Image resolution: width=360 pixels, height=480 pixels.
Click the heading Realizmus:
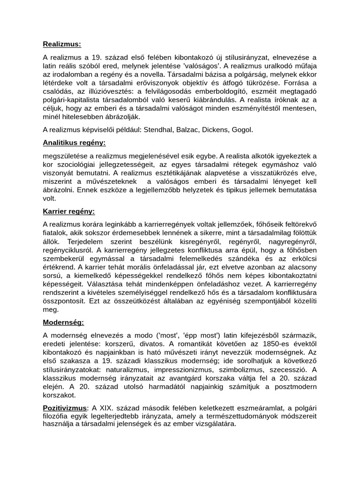62,44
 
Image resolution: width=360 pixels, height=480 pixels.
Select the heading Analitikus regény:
74,142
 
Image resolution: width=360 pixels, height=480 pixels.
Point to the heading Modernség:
63,322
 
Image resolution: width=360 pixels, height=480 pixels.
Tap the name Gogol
243,129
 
